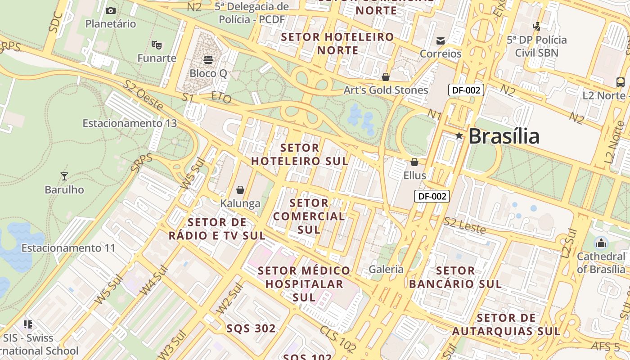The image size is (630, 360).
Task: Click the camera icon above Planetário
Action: pos(110,10)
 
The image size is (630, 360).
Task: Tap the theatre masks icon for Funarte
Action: pos(157,45)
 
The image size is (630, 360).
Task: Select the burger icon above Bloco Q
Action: pos(208,59)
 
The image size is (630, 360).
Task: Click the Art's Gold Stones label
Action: pos(386,90)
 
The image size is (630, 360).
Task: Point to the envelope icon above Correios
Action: pos(441,41)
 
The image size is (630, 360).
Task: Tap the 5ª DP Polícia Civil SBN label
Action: pos(536,46)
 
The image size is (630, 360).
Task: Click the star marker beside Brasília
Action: pos(459,135)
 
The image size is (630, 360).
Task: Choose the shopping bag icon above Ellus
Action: pos(414,162)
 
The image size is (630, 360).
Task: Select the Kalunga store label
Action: pos(240,203)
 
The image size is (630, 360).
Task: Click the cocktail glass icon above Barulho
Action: pos(64,176)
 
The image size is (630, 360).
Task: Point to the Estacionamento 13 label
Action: pos(130,123)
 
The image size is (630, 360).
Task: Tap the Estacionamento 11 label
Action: pos(68,248)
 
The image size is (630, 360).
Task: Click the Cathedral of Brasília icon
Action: pos(601,243)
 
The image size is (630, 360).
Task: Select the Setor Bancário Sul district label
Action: pos(455,277)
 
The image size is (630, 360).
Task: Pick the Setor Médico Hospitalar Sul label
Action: pos(304,284)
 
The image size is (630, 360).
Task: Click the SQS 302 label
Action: pos(251,328)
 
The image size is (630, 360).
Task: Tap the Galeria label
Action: pos(386,269)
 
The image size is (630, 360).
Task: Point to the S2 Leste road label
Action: pos(465,225)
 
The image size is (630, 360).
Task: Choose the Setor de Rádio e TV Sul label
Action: pos(217,229)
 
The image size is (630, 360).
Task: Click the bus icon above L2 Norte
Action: pos(620,82)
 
